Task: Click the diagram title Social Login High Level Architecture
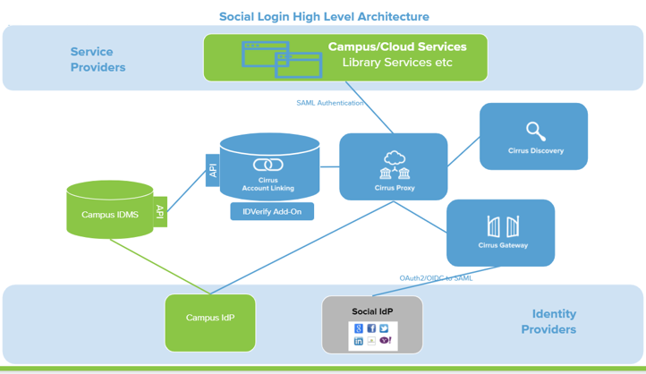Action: (324, 16)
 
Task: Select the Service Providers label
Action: (98, 59)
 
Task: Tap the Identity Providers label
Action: (554, 321)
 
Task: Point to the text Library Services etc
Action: (396, 63)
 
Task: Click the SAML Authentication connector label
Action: (330, 103)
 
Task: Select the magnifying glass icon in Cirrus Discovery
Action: (535, 132)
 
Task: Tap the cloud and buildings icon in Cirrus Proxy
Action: (394, 166)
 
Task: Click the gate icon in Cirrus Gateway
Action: (501, 226)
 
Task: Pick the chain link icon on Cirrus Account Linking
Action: (268, 165)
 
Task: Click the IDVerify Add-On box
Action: (272, 212)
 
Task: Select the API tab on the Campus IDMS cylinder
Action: (160, 212)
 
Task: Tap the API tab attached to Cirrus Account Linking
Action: (213, 170)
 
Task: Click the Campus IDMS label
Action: (109, 215)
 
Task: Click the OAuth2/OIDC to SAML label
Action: (436, 278)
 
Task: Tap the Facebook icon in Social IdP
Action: (371, 328)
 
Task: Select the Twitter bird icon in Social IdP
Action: (384, 328)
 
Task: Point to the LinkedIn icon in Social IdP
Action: (359, 341)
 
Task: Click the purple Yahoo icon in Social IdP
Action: (384, 341)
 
